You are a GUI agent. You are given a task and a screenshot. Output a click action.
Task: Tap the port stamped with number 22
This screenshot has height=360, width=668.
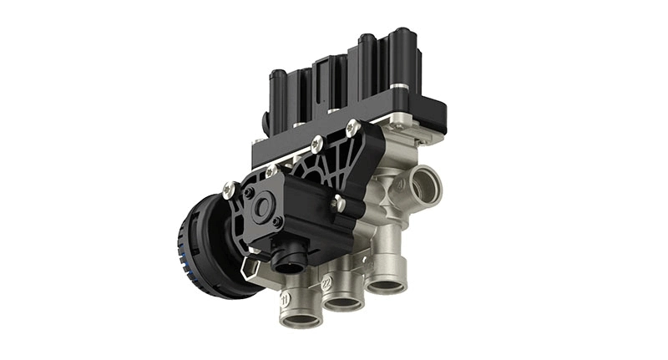(x=343, y=298)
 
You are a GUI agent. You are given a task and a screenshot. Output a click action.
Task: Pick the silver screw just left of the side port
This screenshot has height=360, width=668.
(x=339, y=201)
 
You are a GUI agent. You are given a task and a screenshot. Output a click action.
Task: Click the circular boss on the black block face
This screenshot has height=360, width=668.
(x=262, y=209)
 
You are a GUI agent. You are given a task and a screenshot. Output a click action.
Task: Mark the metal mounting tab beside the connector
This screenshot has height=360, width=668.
(x=248, y=266)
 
